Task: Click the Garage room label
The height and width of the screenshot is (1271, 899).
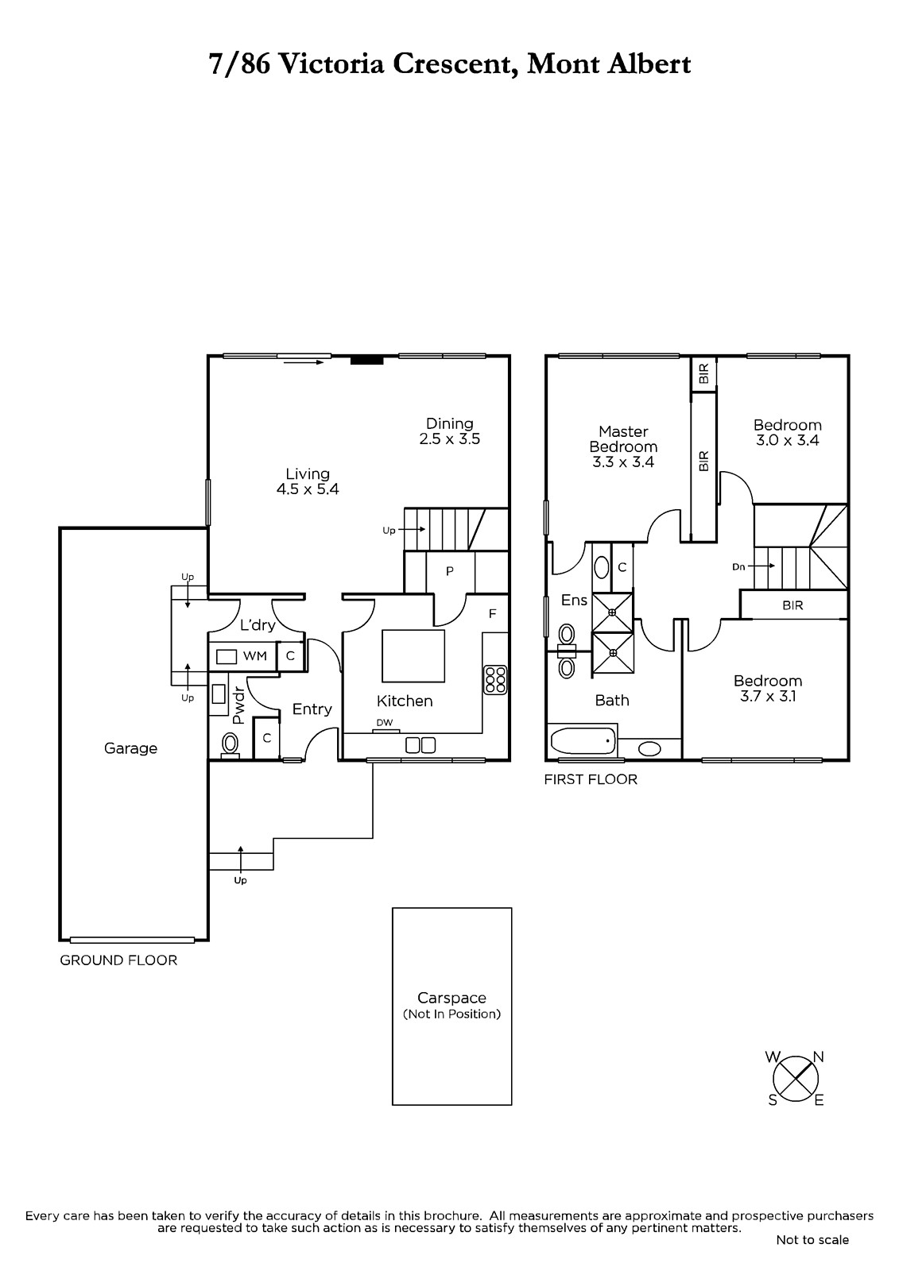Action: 130,748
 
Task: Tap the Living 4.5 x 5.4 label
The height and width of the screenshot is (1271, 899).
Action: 308,481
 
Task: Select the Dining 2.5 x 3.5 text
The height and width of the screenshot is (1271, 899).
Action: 450,431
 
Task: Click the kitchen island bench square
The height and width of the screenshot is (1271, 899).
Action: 413,655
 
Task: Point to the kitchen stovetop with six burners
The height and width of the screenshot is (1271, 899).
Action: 495,679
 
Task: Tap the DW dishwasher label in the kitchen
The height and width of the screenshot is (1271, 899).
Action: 385,722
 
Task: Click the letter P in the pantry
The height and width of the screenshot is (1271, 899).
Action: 450,571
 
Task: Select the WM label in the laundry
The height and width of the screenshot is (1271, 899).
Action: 255,656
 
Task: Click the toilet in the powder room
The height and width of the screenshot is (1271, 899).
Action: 230,744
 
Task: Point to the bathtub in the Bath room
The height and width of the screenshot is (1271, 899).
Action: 583,741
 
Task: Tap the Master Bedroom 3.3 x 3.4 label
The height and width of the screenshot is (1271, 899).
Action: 623,446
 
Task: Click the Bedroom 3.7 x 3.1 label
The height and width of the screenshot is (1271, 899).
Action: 768,688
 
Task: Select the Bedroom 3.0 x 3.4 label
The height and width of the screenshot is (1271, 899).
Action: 787,432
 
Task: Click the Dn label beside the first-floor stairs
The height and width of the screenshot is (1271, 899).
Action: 738,566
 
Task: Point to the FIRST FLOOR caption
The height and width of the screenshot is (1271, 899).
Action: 591,779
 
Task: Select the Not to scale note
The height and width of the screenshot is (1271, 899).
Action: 812,1240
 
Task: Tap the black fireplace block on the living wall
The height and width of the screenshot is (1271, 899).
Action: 367,360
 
